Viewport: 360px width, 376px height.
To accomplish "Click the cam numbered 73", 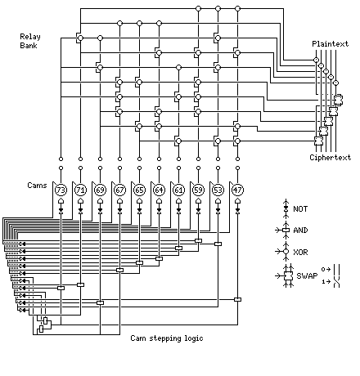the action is (61, 190).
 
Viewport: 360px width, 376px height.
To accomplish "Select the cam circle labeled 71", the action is (80, 190).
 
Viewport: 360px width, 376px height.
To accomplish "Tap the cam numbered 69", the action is (100, 190).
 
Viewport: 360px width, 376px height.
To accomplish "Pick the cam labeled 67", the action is (119, 190).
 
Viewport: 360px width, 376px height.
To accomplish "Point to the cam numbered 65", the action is (139, 190).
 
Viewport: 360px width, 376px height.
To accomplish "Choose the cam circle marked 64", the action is (159, 190).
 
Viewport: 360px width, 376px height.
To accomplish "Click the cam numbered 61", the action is (178, 190).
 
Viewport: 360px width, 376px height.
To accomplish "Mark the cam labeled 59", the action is (198, 190).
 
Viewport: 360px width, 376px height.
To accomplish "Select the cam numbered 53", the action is (218, 190).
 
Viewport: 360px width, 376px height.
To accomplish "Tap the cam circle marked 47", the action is (237, 190).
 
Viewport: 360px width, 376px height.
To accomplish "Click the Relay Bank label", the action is (30, 41).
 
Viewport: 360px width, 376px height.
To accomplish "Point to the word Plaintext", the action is (331, 44).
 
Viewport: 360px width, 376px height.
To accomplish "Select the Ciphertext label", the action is (331, 158).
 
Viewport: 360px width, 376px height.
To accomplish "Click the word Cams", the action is (37, 186).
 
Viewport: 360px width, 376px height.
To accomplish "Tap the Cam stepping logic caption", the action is (167, 338).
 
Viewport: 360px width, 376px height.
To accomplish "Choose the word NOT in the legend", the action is (300, 209).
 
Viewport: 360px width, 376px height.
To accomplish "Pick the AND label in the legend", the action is (300, 231).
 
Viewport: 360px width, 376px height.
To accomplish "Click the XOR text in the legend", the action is (300, 252).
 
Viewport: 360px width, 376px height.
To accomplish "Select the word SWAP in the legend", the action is (307, 275).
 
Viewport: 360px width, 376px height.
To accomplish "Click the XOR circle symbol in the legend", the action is (286, 252).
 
